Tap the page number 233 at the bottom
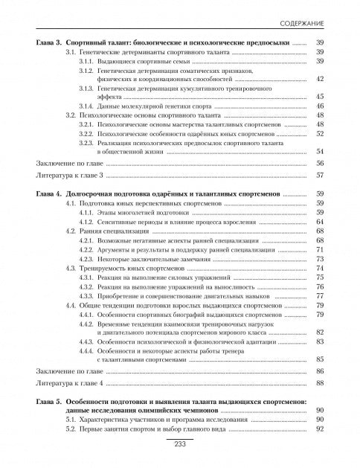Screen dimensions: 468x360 pos(179,444)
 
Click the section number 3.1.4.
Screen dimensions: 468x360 pos(89,106)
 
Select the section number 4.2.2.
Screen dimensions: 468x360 pos(89,249)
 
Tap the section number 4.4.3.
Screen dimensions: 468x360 pos(89,342)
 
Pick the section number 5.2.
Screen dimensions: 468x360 pos(71,429)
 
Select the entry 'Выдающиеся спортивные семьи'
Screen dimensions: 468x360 pos(141,62)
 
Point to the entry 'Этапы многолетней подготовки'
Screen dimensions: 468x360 pos(141,212)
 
